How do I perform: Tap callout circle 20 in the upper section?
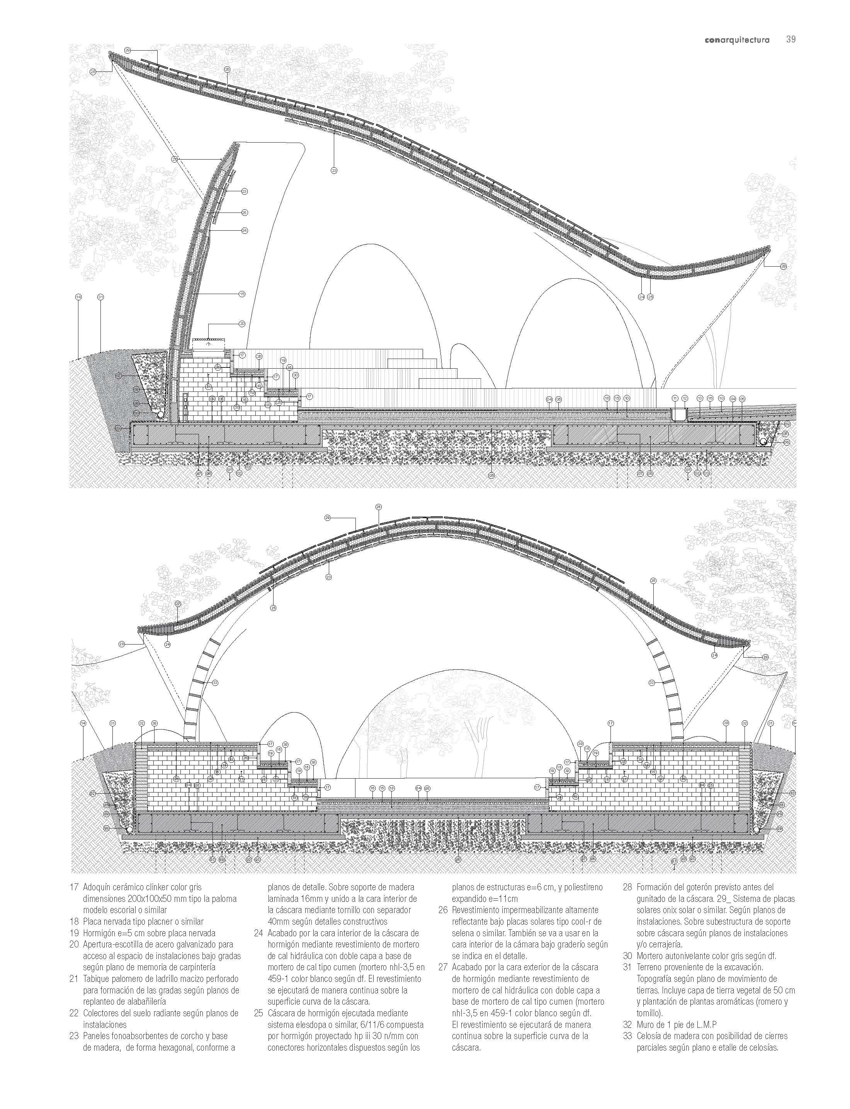tap(242, 323)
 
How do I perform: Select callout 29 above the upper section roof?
tap(127, 51)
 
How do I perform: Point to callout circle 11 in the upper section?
tap(675, 398)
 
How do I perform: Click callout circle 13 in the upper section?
tap(700, 398)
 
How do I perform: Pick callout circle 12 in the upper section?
tap(685, 398)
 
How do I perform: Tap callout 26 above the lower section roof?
tap(379, 507)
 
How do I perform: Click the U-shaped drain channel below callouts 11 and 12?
tap(679, 413)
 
